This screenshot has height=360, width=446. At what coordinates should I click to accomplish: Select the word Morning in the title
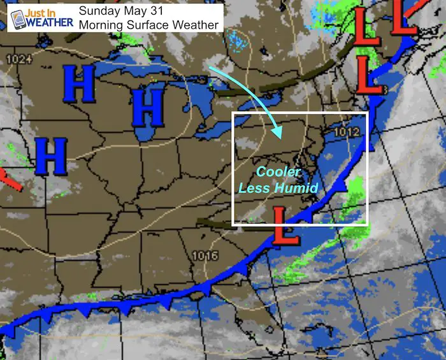(101, 25)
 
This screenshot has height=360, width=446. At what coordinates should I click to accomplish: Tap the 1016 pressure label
(205, 256)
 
